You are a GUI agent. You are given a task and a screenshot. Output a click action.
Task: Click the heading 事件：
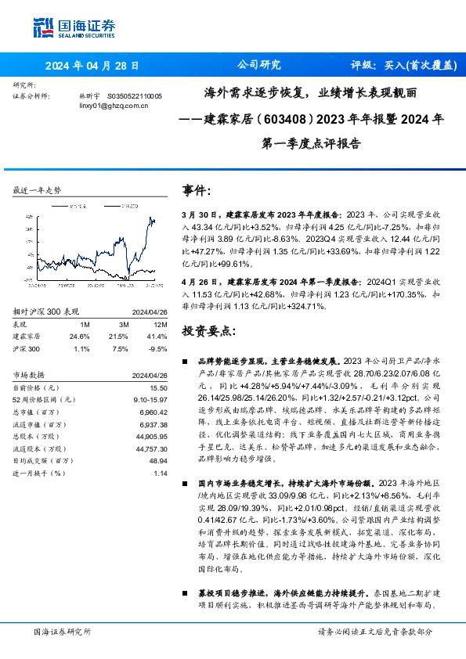(197, 190)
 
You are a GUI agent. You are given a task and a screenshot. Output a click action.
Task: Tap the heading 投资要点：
(208, 331)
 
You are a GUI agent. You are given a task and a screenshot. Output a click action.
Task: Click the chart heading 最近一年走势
(38, 190)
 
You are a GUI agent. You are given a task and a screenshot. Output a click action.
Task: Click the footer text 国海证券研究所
(63, 631)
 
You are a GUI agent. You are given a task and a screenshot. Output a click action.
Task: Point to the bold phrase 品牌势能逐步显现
(228, 362)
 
